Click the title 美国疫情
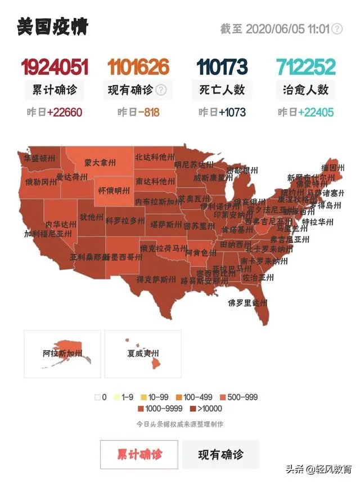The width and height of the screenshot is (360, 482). (52, 27)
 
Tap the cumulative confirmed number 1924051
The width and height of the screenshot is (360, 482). (55, 68)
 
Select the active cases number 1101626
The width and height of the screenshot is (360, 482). (138, 68)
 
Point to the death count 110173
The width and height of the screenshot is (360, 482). (222, 68)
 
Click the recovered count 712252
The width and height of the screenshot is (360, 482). (305, 68)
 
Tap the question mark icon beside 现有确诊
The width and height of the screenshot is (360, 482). (161, 90)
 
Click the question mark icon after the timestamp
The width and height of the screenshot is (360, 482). (336, 29)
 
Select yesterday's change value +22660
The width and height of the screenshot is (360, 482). (65, 112)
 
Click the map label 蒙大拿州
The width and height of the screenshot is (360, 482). (100, 162)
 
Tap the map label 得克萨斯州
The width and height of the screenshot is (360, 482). (156, 279)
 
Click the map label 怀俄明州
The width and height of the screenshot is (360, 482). (114, 190)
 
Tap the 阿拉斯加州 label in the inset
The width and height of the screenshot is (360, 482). (62, 354)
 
